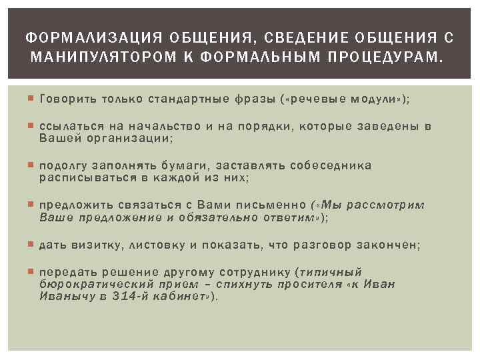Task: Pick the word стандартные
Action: click(x=189, y=99)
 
